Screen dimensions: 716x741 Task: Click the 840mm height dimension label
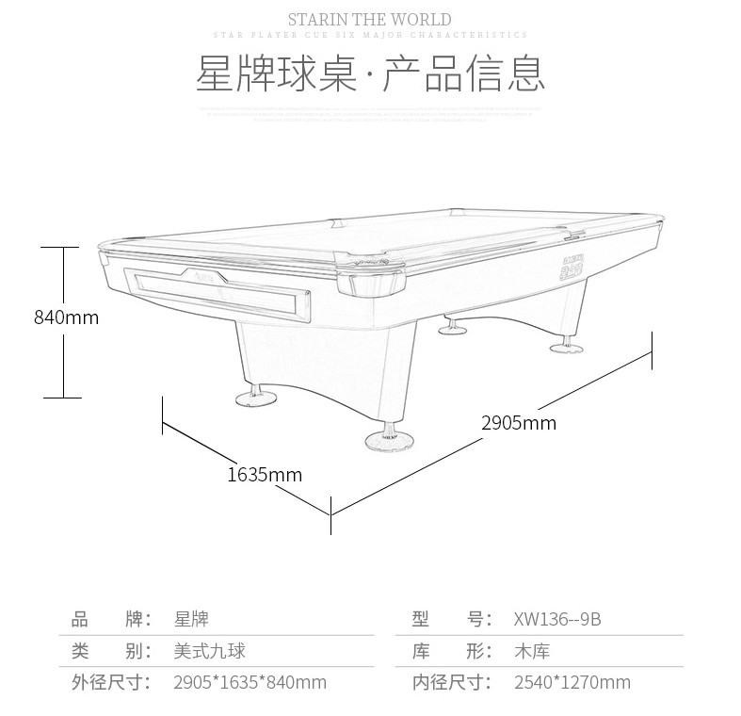(66, 317)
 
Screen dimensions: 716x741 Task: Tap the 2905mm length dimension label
(519, 423)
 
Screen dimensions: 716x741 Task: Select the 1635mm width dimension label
(265, 475)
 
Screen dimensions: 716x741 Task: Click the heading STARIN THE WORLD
(369, 19)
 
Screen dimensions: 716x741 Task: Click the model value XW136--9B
(557, 619)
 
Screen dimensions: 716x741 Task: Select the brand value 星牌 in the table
(191, 619)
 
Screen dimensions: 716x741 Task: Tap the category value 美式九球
(210, 651)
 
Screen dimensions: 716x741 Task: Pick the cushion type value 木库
(532, 651)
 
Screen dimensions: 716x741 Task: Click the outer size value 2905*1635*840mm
(250, 682)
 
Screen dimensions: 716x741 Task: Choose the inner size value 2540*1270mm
(572, 682)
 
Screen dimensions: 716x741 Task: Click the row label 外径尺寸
(111, 682)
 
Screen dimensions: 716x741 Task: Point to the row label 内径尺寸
(452, 682)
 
